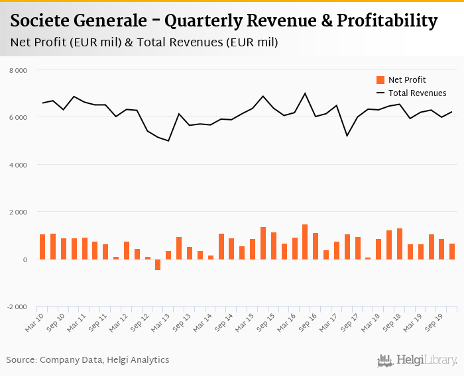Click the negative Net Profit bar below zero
pyautogui.click(x=158, y=265)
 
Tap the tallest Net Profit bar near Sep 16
pyautogui.click(x=305, y=242)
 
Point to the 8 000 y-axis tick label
pyautogui.click(x=19, y=70)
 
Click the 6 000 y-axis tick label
pyautogui.click(x=19, y=118)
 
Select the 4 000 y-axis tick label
pyautogui.click(x=19, y=165)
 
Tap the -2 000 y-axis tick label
pyautogui.click(x=17, y=307)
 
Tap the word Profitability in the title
pyautogui.click(x=387, y=21)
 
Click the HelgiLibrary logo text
pyautogui.click(x=427, y=361)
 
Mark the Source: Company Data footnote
pyautogui.click(x=88, y=360)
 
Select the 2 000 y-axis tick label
pyautogui.click(x=19, y=212)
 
